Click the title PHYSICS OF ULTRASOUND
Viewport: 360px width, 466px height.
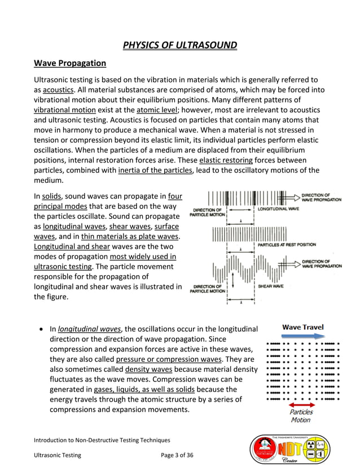click(x=180, y=45)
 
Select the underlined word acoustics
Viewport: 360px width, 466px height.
click(x=59, y=90)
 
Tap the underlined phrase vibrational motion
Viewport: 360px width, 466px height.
click(x=65, y=109)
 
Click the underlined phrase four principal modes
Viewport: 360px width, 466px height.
click(x=175, y=196)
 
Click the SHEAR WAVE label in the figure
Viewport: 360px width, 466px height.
click(x=271, y=287)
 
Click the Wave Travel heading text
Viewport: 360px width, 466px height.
click(x=303, y=327)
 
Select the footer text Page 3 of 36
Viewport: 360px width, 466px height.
click(x=177, y=455)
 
